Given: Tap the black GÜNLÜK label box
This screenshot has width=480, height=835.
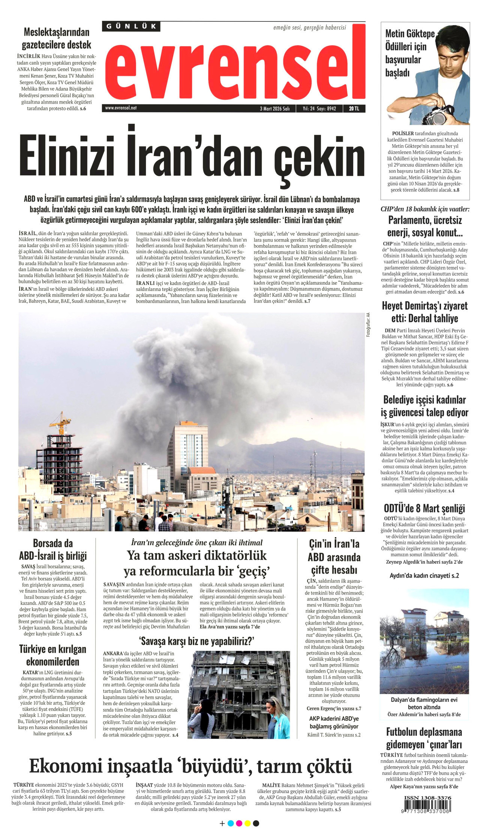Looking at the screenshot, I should (x=131, y=26).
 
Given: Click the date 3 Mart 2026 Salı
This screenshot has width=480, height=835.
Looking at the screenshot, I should (x=274, y=109).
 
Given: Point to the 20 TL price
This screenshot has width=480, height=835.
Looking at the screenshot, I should (x=354, y=109).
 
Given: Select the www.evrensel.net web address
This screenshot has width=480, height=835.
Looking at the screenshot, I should (x=121, y=108).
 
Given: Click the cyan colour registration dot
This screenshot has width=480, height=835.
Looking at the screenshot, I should (x=231, y=823).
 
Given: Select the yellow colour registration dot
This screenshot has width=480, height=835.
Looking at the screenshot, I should (x=247, y=823).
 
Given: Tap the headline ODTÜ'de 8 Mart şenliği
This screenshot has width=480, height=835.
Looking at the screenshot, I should (x=424, y=509).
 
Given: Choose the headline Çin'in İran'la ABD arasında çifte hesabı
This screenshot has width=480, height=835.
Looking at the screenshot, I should (x=334, y=557).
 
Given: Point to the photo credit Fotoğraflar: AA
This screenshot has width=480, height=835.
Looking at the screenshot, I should (x=368, y=325).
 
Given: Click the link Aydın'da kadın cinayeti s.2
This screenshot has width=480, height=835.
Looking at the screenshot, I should (x=424, y=575).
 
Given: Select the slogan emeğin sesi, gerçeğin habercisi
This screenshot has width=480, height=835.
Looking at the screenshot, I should (x=309, y=27).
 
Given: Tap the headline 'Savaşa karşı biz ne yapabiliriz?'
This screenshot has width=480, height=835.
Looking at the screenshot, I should (x=196, y=641).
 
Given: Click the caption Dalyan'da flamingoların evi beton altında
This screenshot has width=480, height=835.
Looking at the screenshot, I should (x=424, y=703).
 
